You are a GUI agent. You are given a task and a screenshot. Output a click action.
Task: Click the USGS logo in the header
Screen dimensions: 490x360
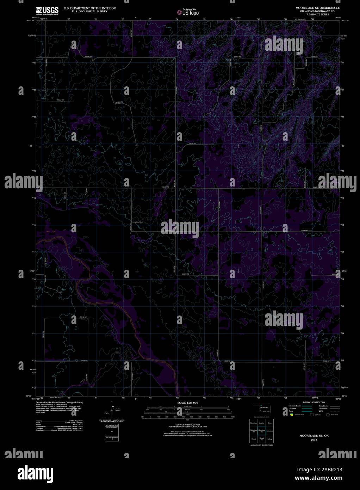click(x=47, y=11)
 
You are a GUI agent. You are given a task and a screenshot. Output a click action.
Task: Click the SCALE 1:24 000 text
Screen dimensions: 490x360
click(x=188, y=402)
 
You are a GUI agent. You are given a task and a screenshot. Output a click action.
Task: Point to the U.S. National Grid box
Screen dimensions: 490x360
click(x=112, y=430)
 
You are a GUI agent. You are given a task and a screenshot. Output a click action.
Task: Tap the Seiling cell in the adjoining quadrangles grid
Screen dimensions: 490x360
click(x=270, y=439)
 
